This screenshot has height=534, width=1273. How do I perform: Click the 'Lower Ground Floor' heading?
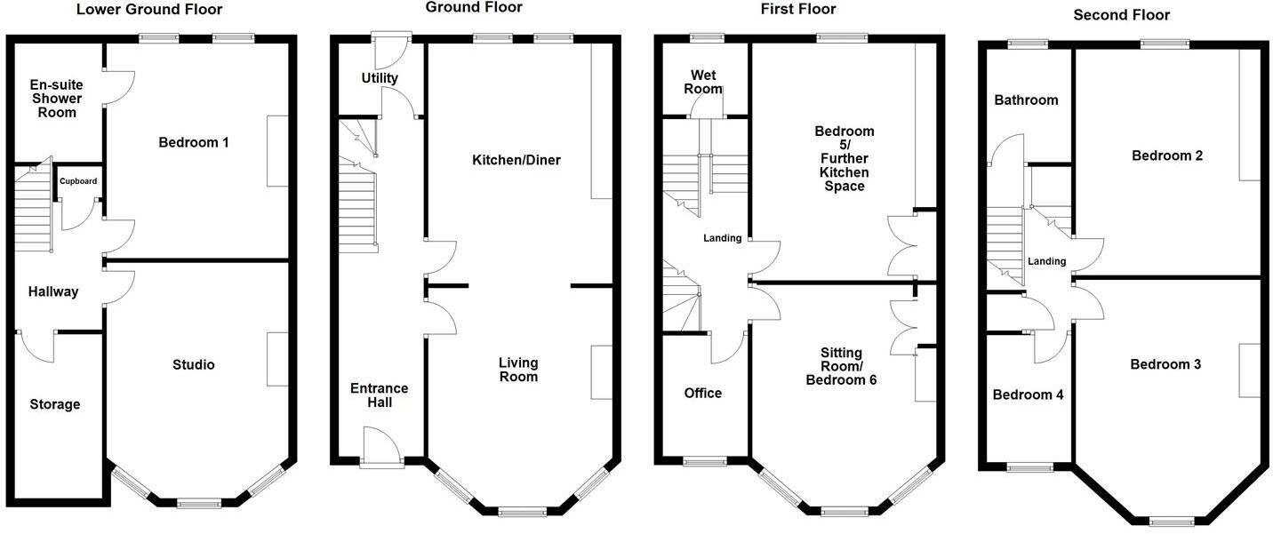coord(149,10)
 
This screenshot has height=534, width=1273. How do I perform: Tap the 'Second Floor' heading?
coord(1122,14)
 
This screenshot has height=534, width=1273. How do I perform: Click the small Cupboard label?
coord(78,181)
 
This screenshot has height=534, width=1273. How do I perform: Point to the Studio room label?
coord(194,364)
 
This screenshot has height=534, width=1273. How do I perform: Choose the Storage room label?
coord(54,404)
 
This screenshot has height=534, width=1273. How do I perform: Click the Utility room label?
coord(380,78)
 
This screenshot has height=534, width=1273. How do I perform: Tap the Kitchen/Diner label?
coord(516,160)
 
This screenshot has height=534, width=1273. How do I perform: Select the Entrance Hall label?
coord(380,395)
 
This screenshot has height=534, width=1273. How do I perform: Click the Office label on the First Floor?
coord(702,393)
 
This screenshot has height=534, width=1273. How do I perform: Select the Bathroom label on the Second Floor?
coord(1027,100)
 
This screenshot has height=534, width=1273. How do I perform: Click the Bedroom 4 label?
coord(1028,395)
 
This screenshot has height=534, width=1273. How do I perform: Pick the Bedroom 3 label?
coord(1166,364)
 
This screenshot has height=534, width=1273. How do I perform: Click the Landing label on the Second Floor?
coord(1047,261)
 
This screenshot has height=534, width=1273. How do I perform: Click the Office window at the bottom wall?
coord(704,461)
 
